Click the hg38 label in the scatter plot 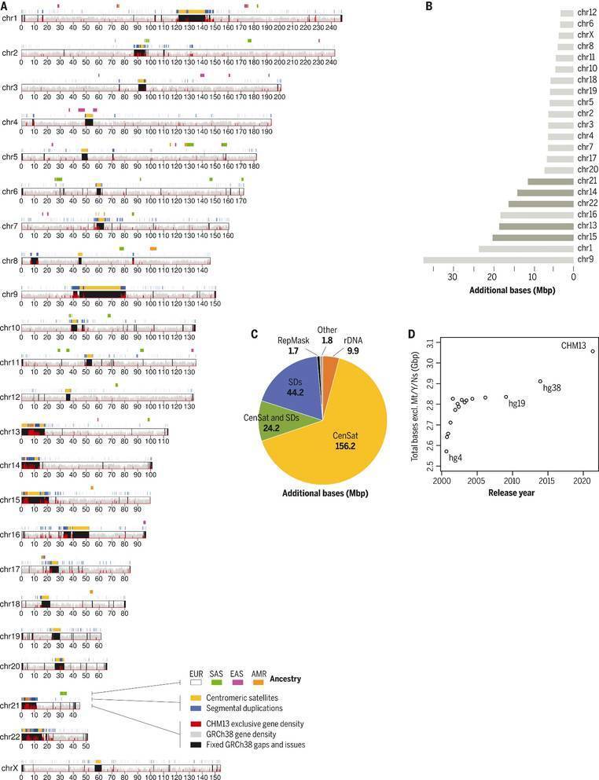point(551,388)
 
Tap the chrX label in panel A point(9,767)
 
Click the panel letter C point(254,332)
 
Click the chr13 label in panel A point(10,431)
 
